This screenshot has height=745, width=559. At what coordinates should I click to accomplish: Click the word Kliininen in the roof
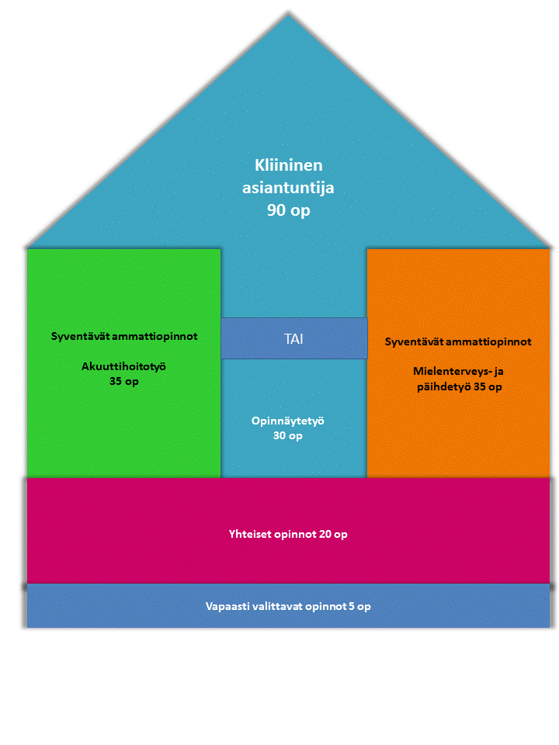pos(288,165)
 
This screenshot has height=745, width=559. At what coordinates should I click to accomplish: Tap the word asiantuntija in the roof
pos(288,187)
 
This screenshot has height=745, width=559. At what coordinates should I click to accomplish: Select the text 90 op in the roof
pos(288,210)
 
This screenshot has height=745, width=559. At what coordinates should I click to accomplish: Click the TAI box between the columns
pos(293,338)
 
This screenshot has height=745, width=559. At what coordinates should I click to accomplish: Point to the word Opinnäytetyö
pos(287,421)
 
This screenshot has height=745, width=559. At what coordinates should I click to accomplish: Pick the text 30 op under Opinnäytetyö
pos(287,436)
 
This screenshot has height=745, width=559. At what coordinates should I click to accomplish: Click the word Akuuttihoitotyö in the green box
pos(124,367)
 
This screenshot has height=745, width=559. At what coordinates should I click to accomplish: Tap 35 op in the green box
pos(124,382)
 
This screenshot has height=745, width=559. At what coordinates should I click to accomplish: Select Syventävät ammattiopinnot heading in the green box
pos(124,336)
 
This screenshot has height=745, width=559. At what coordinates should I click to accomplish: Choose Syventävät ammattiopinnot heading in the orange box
pos(458,341)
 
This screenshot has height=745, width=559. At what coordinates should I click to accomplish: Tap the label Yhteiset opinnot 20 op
pos(288,535)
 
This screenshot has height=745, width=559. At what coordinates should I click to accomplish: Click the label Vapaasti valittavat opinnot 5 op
pos(288,606)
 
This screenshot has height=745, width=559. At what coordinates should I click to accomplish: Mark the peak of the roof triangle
pos(288,16)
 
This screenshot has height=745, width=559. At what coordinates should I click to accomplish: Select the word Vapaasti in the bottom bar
pos(227,606)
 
